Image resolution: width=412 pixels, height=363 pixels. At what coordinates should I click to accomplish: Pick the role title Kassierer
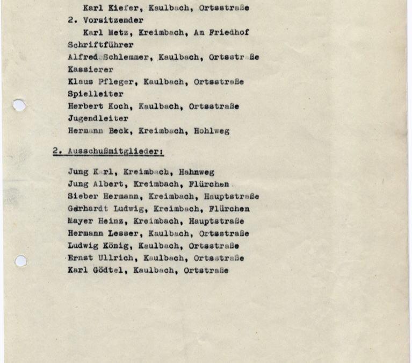pos(90,69)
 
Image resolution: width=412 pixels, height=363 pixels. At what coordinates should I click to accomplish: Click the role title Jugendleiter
pos(98,118)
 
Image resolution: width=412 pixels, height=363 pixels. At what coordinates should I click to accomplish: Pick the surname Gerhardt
pos(88,209)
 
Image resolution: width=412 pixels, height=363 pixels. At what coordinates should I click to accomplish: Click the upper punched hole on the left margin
pos(19,105)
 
